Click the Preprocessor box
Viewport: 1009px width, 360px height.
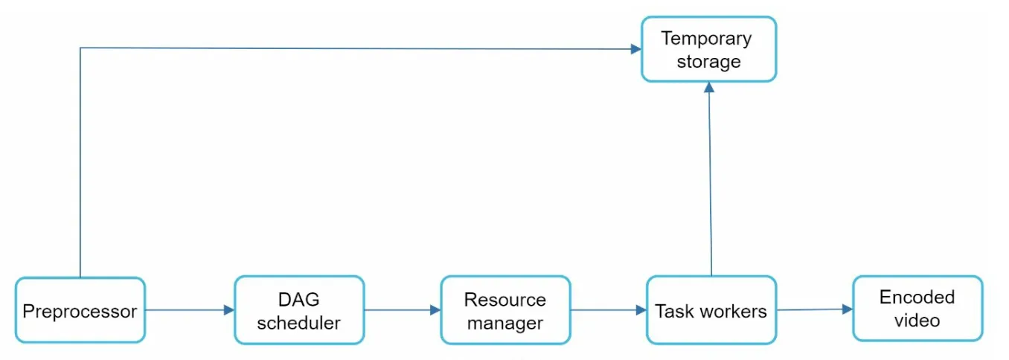click(x=80, y=310)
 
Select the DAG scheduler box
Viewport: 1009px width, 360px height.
click(x=299, y=310)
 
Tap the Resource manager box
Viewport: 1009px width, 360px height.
click(x=505, y=310)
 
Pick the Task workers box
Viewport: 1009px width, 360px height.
click(x=711, y=310)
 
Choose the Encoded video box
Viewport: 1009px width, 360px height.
click(x=917, y=309)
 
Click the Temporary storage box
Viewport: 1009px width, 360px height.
click(x=709, y=49)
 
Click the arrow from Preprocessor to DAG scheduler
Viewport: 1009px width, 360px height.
click(x=190, y=309)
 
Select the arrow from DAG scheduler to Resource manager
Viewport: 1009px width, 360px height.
click(x=403, y=309)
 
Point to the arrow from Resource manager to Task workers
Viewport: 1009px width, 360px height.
click(x=609, y=309)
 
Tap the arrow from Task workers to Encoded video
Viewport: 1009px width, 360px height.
click(x=815, y=309)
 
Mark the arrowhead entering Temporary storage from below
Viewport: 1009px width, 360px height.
click(x=709, y=87)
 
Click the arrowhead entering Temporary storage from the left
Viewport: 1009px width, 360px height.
click(x=636, y=48)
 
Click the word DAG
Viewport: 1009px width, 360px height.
click(x=298, y=299)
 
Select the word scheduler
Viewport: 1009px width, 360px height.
click(x=298, y=323)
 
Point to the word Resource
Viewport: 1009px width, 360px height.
click(x=505, y=300)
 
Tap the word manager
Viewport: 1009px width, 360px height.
click(x=505, y=324)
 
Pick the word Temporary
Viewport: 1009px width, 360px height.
click(x=706, y=39)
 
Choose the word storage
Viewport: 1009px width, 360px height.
click(x=708, y=62)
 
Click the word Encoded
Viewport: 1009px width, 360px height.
click(x=917, y=297)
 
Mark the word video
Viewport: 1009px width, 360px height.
click(x=917, y=321)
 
